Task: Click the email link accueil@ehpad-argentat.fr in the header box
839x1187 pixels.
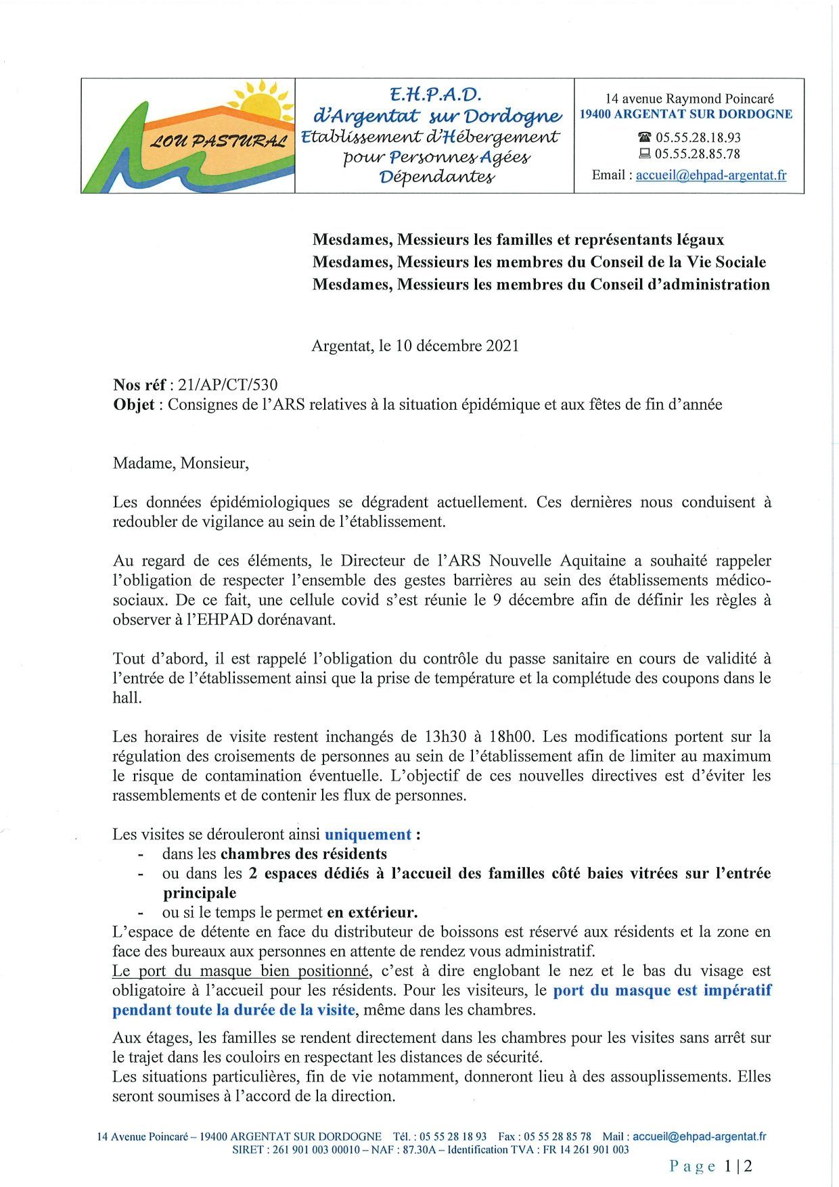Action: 710,175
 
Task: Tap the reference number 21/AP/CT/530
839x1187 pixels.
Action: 228,385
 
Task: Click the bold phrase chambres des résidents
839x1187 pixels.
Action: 304,854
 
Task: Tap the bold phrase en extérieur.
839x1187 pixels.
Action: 372,912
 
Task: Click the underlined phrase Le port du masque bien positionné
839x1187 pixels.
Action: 242,971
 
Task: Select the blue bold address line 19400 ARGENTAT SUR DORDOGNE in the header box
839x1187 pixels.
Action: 686,114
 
